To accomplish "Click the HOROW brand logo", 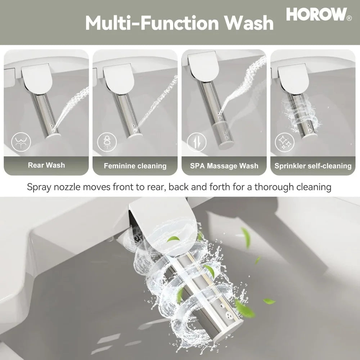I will point(316,14).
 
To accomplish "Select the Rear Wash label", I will point(46,165).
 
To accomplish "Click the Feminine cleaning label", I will point(135,166).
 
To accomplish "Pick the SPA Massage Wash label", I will point(224,166).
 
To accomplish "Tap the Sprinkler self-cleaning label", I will point(313,166).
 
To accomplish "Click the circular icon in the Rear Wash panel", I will point(21,141).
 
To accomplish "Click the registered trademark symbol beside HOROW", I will point(348,18).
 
